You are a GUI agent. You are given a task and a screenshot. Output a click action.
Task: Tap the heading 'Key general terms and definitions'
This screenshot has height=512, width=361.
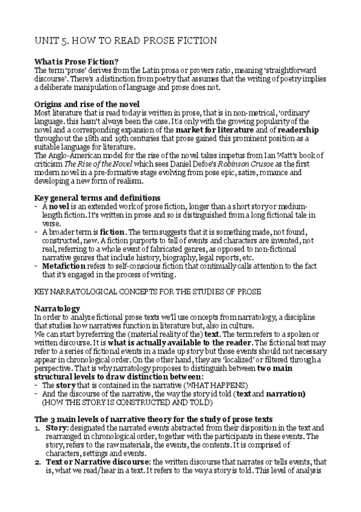pyautogui.click(x=97, y=197)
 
